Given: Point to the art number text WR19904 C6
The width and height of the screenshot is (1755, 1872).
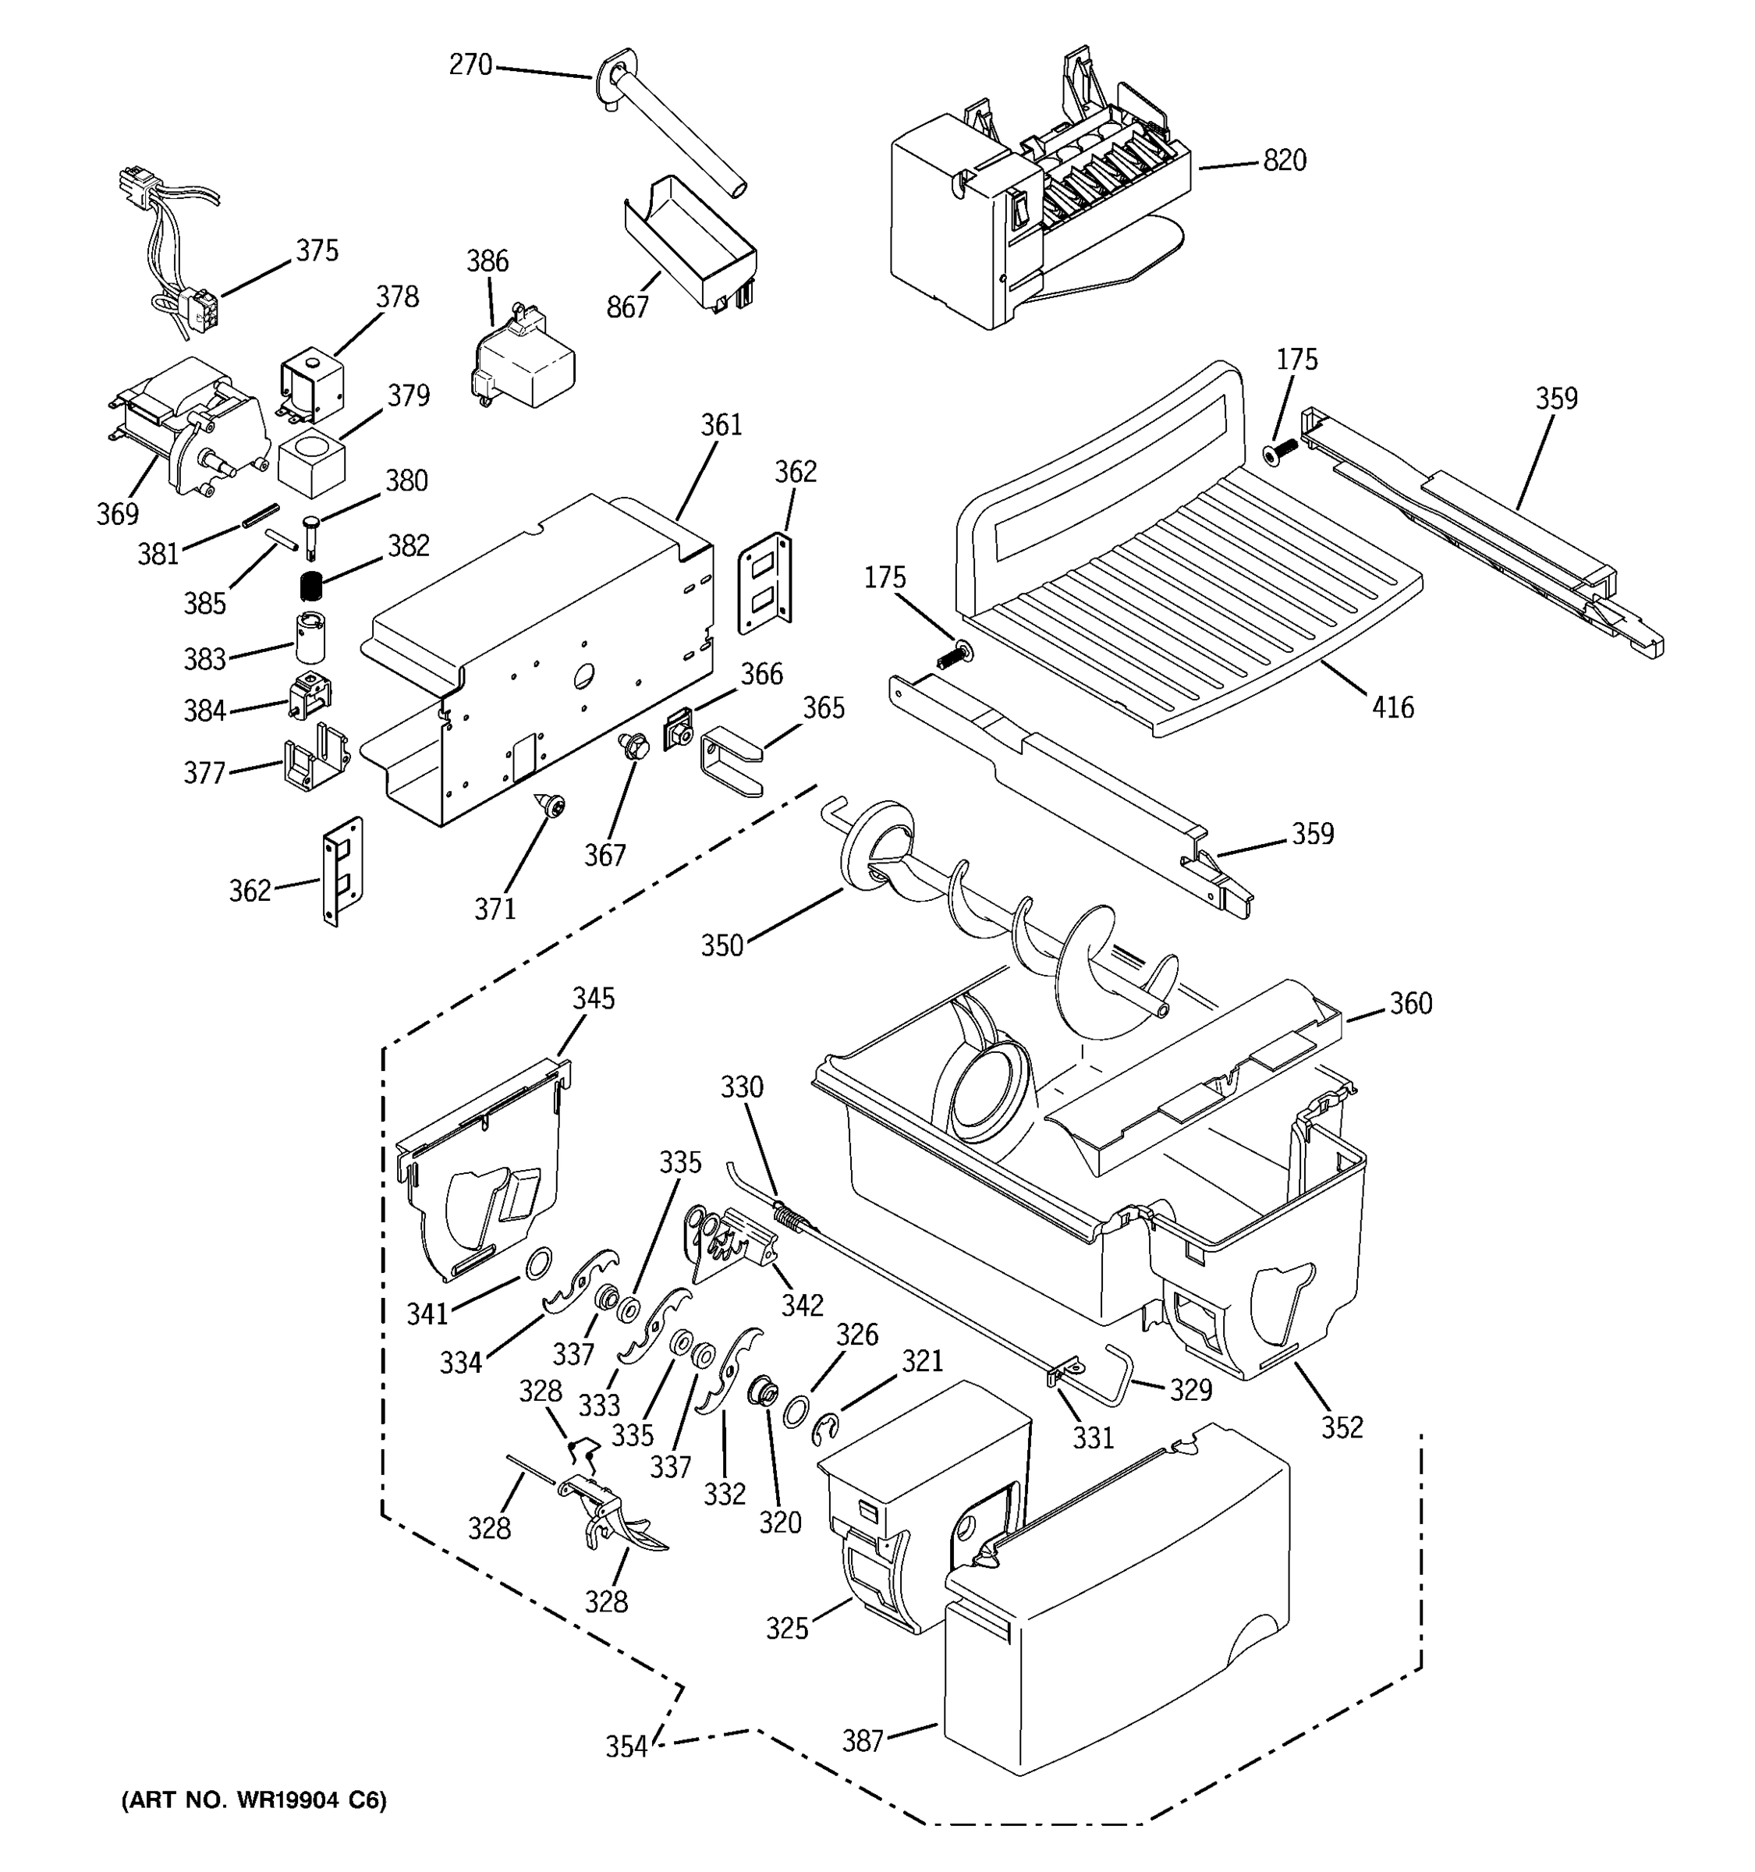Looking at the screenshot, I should point(253,1800).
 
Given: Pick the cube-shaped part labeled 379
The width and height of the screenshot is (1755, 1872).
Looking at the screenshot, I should point(312,463).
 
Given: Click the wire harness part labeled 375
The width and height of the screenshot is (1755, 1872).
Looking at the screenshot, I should point(183,245).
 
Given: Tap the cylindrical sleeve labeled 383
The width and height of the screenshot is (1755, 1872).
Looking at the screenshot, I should point(310,636).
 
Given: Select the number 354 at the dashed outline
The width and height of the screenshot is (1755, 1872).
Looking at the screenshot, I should point(626,1746).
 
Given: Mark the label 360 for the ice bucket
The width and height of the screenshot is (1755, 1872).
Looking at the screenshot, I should point(1410,1004).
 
